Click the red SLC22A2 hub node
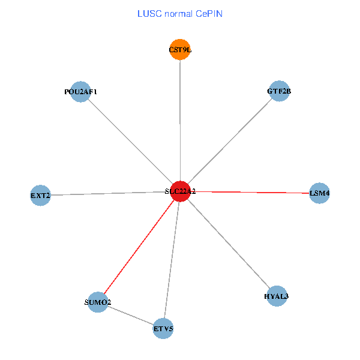(x=181, y=191)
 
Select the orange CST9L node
(x=180, y=50)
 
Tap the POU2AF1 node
(x=80, y=92)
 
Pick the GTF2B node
(x=279, y=91)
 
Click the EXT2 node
(x=40, y=195)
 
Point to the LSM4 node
(x=319, y=193)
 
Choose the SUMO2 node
(x=97, y=302)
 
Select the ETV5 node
(x=163, y=328)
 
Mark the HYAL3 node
(x=277, y=296)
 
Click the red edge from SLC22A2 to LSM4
(x=252, y=192)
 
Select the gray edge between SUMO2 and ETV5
(x=130, y=316)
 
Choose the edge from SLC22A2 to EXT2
(x=110, y=193)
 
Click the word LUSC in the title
(x=148, y=13)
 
